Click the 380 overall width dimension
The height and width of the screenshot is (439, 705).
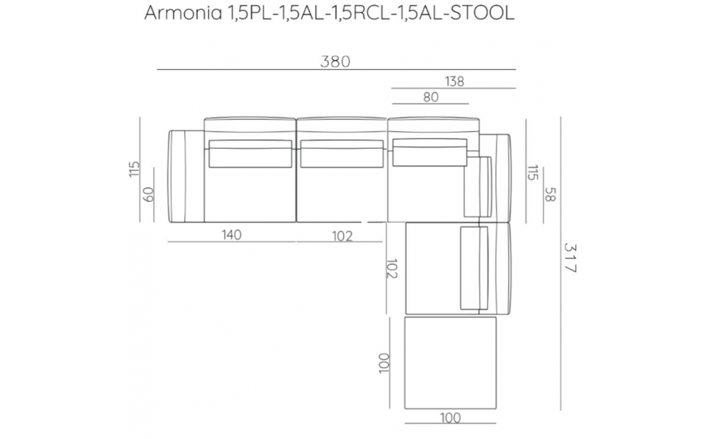[335, 61]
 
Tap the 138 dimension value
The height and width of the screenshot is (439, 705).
[455, 81]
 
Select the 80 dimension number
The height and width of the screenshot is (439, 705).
[431, 97]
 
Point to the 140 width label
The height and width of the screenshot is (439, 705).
[231, 234]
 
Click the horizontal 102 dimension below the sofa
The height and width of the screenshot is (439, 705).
[342, 236]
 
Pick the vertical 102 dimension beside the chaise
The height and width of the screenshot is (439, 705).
[392, 268]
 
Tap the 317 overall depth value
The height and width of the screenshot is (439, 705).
[570, 258]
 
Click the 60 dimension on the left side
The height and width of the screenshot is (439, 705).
[148, 194]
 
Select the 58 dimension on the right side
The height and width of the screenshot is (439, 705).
[551, 195]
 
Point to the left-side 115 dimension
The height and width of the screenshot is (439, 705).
[135, 169]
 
